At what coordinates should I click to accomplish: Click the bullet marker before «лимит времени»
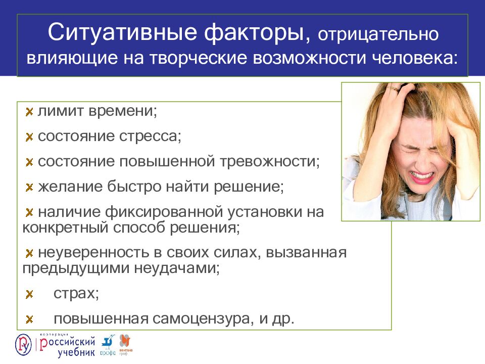29,111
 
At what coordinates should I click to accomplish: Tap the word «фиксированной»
172,212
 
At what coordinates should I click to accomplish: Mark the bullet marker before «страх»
29,294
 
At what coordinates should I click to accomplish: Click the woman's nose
422,157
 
